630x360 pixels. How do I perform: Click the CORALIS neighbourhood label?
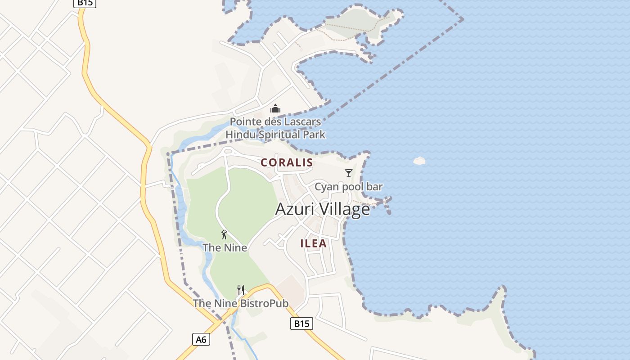[287, 162]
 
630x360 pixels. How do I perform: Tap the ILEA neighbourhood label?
[314, 243]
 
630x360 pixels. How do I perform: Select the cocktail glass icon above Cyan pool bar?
[348, 173]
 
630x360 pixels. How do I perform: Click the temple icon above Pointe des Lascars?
[275, 108]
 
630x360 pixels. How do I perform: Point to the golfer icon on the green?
[224, 234]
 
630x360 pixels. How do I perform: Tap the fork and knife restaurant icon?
[241, 290]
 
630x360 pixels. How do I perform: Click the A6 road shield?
[201, 339]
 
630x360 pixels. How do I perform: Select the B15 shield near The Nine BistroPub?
[301, 324]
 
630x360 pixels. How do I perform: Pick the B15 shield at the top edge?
[85, 3]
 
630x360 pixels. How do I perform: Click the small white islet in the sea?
[419, 161]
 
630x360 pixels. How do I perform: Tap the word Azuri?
[292, 209]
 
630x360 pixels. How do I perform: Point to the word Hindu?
[239, 135]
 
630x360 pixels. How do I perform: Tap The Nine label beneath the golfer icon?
[225, 247]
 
